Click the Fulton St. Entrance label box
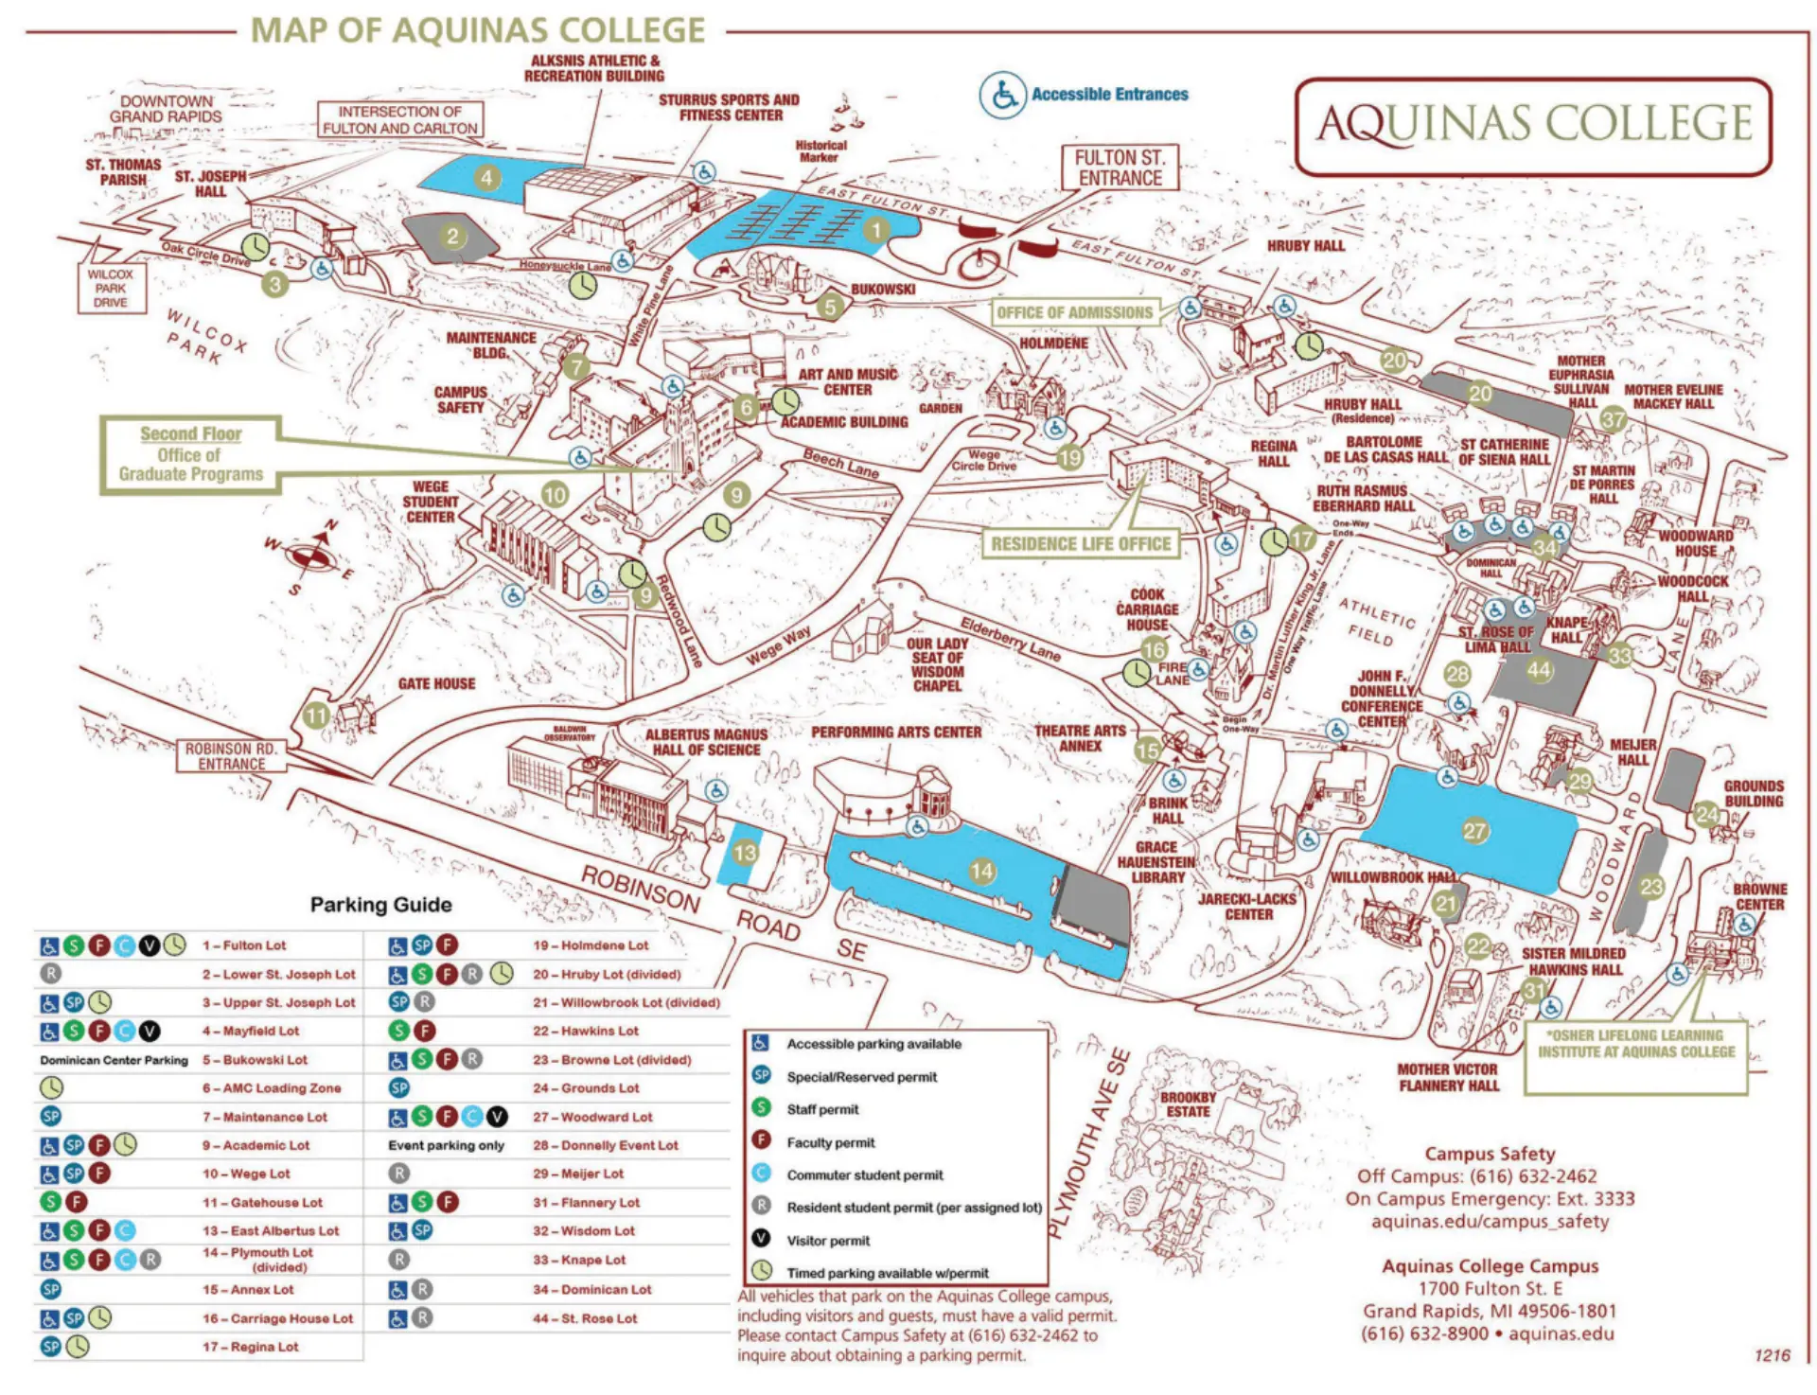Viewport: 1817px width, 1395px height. [1120, 168]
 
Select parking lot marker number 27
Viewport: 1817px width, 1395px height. [1474, 831]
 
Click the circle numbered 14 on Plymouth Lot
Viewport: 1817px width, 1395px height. [982, 871]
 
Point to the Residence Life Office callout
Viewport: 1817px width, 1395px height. [1081, 544]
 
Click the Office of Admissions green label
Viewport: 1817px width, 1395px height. [1075, 312]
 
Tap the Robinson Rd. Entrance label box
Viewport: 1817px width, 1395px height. [231, 756]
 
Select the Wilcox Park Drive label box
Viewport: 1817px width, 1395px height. [111, 288]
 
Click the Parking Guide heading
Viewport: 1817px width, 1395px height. [380, 905]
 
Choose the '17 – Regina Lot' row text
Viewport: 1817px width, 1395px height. [250, 1347]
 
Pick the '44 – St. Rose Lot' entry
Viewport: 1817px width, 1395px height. [584, 1318]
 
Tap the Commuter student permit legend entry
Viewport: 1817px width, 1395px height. [864, 1175]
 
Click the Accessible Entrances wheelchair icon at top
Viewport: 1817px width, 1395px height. [1002, 95]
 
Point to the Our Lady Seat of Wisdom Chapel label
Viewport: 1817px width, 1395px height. [937, 664]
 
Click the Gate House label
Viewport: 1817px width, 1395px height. [436, 683]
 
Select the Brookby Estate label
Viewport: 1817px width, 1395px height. [1187, 1104]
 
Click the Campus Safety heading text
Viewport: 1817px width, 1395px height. [1490, 1154]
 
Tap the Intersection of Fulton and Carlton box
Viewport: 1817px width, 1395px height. [399, 120]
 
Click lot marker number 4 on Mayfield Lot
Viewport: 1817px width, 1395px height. [486, 177]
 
